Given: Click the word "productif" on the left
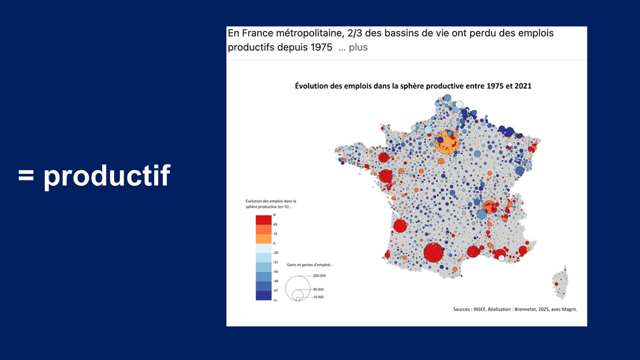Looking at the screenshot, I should coord(107,175).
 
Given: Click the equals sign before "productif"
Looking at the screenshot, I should coord(26,175).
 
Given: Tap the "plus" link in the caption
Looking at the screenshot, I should coord(358,47).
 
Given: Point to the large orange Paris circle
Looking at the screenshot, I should coord(448,142).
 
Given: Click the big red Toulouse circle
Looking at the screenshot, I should coord(434,252).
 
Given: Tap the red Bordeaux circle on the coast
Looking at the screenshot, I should coord(400,226).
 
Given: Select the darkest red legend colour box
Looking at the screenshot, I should coord(263,220).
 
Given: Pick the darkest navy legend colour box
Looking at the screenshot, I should coord(263,295).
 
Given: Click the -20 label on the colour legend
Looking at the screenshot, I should coord(276,253).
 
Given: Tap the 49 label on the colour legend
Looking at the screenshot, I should coord(275,225).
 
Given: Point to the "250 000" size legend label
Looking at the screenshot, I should coord(320,276).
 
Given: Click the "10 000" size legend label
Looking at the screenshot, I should coord(319,297).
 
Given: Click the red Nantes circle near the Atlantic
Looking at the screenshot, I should coord(386,176).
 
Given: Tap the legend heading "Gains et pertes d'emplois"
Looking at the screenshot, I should coord(309,265).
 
